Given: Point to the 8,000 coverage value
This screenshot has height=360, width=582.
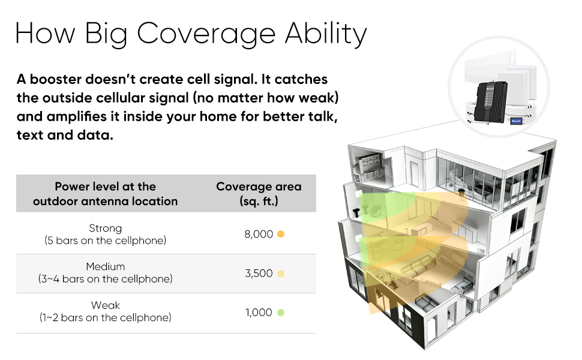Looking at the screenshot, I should [259, 234].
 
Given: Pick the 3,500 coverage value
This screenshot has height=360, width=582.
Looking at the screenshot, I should [259, 273].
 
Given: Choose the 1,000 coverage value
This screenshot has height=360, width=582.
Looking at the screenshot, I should [259, 312].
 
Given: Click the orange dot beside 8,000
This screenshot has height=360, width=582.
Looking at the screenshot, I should [281, 234].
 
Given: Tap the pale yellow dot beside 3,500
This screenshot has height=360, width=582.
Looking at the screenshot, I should [281, 274].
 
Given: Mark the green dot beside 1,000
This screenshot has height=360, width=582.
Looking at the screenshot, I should [281, 313].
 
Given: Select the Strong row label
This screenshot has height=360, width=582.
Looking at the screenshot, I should [106, 228].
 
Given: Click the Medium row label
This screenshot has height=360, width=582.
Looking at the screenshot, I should [106, 266].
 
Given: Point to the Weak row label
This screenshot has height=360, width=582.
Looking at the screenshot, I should [106, 305].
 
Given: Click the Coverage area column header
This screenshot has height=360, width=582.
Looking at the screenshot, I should [259, 193].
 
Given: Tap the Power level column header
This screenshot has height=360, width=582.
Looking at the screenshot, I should [106, 193].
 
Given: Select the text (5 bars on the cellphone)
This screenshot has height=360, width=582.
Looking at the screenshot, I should [106, 241].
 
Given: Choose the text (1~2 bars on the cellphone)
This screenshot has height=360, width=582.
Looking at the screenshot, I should [106, 317].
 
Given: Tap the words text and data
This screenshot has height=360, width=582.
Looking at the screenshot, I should [65, 135].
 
